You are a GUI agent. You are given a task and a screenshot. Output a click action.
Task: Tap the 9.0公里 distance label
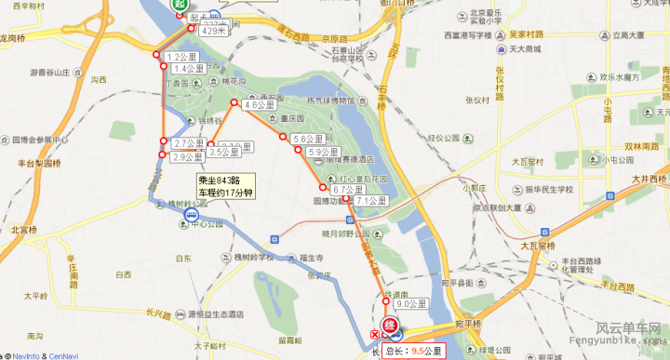coord(410,304)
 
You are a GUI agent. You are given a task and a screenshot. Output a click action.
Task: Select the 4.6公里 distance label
coord(259,106)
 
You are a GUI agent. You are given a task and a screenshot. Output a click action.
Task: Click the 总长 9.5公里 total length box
coord(417,351)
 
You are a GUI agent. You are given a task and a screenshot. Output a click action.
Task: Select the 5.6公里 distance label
coord(306,140)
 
